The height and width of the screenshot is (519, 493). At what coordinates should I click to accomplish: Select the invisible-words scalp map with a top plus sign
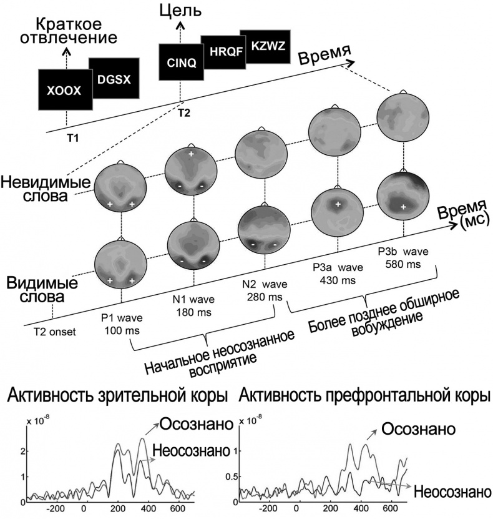coord(190,169)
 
